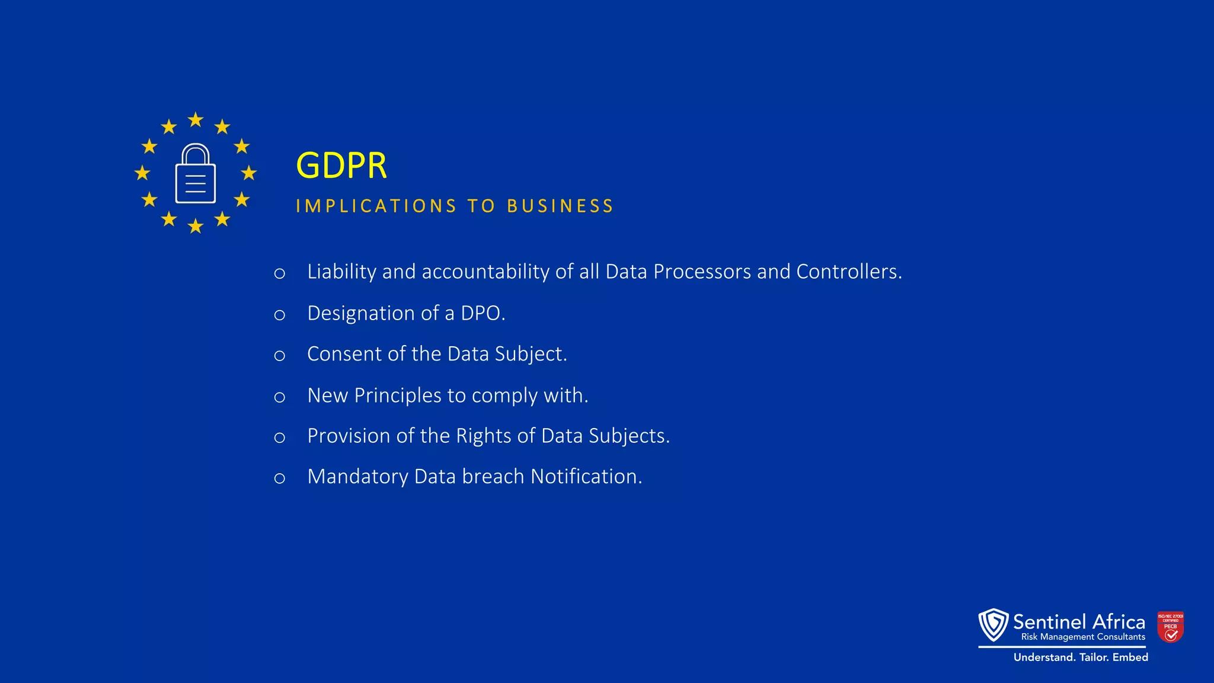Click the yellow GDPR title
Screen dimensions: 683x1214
tap(341, 165)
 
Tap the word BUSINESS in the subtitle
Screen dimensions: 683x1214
tap(560, 206)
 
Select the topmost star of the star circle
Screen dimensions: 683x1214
tap(196, 120)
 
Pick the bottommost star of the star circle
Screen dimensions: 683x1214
tap(196, 226)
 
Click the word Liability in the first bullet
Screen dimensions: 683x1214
tap(341, 272)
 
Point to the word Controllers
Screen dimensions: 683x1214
tap(848, 272)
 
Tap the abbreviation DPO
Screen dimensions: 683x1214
tap(481, 313)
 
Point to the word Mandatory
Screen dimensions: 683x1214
tap(357, 477)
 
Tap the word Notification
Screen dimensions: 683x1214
tap(585, 477)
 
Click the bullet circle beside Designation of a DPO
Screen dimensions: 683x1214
tap(280, 315)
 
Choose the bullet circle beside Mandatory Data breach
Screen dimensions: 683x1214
tap(280, 478)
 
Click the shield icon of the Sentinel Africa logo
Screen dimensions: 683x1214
tap(993, 625)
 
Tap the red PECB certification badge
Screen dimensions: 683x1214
tap(1170, 627)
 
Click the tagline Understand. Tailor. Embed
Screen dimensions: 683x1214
tap(1081, 658)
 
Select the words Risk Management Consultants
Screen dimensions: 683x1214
tap(1083, 637)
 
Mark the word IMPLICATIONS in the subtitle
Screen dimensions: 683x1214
tap(376, 206)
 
